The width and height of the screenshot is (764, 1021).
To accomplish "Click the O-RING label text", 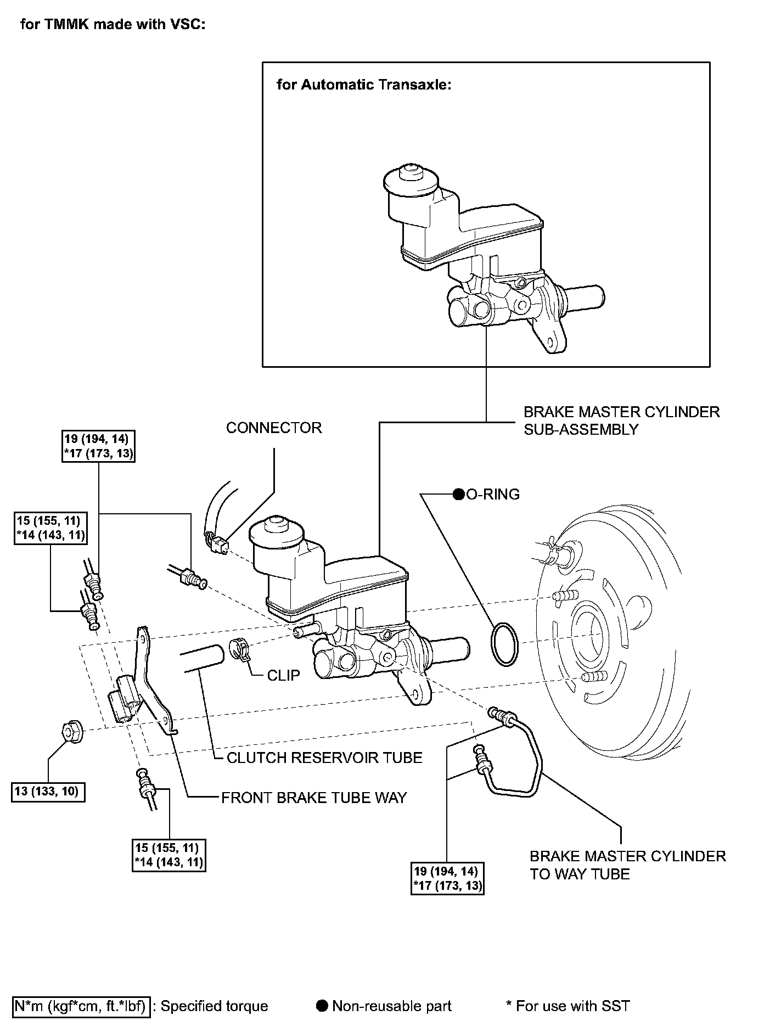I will pos(492,495).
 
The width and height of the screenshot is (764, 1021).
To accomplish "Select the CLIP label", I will pos(283,675).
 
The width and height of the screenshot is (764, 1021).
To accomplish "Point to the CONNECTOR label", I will pos(274,428).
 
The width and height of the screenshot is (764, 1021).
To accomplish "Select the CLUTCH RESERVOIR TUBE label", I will pos(324,758).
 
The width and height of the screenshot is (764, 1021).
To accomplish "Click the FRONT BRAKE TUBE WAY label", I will pos(314,798).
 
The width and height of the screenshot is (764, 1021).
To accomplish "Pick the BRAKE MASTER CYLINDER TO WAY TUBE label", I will pos(627,865).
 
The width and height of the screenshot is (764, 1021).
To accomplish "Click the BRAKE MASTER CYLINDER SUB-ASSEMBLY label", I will pos(621,420).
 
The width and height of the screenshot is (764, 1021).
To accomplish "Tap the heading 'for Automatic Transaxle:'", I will pos(364,85).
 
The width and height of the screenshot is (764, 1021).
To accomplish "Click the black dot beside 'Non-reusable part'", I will pos(323,1006).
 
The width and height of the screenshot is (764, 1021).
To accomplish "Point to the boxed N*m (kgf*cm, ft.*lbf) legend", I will pos(81,1006).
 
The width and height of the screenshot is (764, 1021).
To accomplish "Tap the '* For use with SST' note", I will pos(568,1006).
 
